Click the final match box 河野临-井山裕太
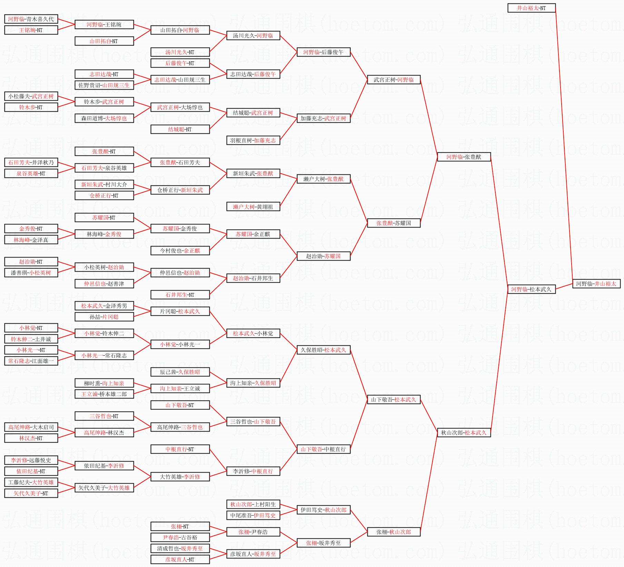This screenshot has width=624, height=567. (x=596, y=284)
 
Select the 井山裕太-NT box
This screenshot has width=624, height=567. (x=531, y=8)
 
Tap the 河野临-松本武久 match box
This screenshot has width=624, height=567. (x=531, y=289)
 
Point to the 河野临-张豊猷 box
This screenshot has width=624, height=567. (x=463, y=157)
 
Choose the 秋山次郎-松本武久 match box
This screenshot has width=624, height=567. (x=463, y=433)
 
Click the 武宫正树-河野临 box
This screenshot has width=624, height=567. (x=394, y=80)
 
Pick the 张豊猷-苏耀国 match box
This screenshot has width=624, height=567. (x=394, y=223)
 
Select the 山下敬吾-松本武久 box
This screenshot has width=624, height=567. (x=394, y=399)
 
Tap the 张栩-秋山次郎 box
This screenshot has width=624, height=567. (x=394, y=532)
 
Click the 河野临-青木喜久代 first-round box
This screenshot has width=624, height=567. (x=31, y=19)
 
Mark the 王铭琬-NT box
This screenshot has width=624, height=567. (x=31, y=30)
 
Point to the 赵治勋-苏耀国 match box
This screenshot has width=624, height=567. (x=323, y=256)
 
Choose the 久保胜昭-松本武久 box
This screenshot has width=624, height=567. (x=323, y=350)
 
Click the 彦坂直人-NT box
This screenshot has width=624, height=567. (x=180, y=559)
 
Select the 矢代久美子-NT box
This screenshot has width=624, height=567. (x=31, y=493)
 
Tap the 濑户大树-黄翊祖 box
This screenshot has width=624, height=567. (x=253, y=207)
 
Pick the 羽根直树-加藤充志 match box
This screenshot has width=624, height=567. (x=253, y=140)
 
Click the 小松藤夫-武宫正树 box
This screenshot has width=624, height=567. (x=31, y=96)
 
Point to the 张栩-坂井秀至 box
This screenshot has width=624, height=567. (x=323, y=543)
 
